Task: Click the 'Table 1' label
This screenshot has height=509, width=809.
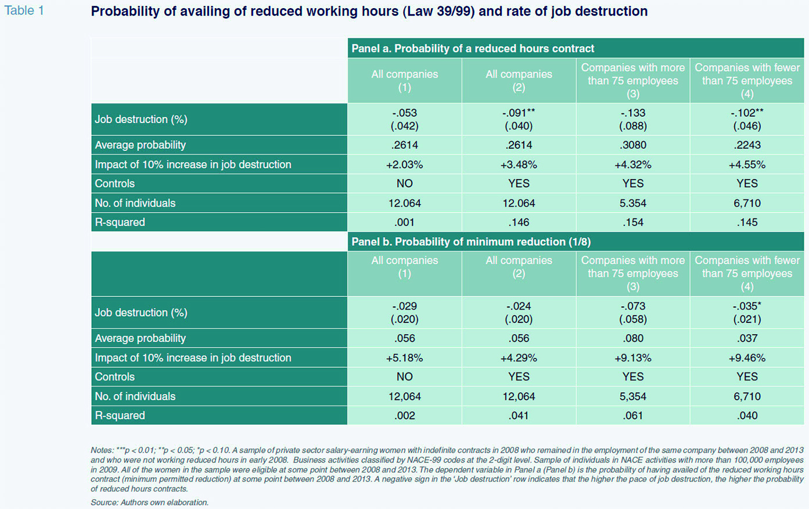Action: pos(24,10)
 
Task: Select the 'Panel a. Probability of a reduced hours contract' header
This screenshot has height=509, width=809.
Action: pos(473,48)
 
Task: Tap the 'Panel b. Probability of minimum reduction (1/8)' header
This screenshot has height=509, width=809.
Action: pos(471,242)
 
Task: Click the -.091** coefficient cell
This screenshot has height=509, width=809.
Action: pos(519,113)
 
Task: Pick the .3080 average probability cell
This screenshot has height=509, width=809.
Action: pos(633,145)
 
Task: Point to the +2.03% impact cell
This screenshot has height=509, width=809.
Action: pos(404,165)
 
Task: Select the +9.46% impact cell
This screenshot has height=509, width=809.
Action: pos(747,358)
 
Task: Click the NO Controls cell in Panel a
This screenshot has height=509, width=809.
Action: pos(404,184)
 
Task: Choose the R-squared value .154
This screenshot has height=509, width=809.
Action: pos(633,222)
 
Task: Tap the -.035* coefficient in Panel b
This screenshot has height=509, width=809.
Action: pos(747,306)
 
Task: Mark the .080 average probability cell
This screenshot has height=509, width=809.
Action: pos(633,338)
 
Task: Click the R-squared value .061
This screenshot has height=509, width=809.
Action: pos(633,415)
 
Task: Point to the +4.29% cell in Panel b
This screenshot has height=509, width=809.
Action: pos(519,358)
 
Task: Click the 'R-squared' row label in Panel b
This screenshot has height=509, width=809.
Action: pos(120,415)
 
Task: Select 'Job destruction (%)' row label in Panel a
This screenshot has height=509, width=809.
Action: pos(141,119)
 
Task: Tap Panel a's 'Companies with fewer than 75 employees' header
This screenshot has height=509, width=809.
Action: pos(747,81)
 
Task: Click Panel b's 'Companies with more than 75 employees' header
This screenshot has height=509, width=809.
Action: pos(633,274)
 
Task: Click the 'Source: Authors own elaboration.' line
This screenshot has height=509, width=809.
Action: pos(149,503)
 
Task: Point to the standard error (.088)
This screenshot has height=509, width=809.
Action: pos(633,126)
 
